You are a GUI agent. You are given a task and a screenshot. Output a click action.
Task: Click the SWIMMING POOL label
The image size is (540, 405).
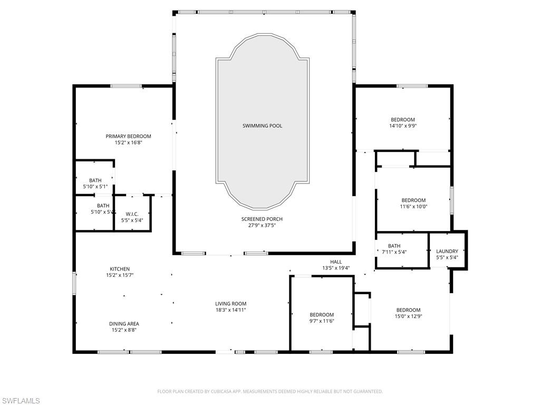(262, 126)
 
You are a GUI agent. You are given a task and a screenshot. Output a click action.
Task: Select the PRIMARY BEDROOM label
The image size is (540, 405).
(128, 136)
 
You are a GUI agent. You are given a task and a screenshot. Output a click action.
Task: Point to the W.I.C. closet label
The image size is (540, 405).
(132, 214)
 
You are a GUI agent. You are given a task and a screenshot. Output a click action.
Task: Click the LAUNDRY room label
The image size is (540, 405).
(447, 251)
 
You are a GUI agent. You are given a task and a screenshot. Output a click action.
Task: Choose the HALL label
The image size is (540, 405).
(336, 262)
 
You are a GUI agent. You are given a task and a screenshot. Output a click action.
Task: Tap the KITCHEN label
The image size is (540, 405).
(120, 269)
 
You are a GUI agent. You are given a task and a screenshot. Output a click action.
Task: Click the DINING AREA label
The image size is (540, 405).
(125, 324)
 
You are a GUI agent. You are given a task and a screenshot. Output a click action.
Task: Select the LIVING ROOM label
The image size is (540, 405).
(230, 304)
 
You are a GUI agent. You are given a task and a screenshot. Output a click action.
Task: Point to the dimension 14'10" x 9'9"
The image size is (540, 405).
(402, 126)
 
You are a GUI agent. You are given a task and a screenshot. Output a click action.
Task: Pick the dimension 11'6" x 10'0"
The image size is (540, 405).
(413, 207)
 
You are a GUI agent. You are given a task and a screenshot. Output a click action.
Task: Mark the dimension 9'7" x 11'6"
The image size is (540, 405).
(322, 321)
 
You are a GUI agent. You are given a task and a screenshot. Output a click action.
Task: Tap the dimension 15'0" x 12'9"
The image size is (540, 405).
(408, 316)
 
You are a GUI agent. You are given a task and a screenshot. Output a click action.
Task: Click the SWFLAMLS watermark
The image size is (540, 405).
(21, 401)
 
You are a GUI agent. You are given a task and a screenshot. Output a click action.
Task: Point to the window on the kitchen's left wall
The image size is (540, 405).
(74, 282)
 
